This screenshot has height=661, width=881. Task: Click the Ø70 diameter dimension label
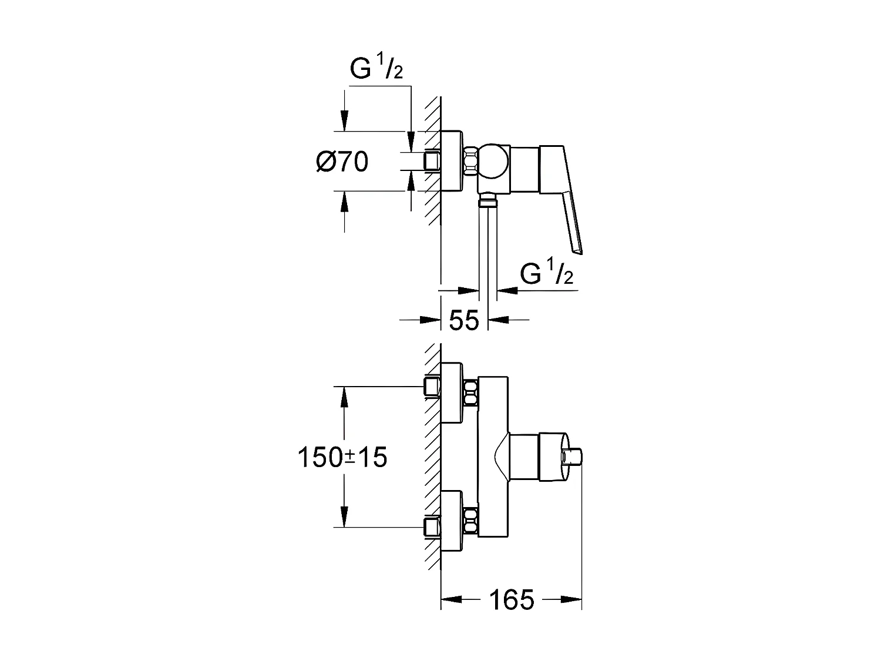pyautogui.click(x=342, y=162)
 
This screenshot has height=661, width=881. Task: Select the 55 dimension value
pyautogui.click(x=464, y=320)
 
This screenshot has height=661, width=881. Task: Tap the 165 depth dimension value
pyautogui.click(x=511, y=600)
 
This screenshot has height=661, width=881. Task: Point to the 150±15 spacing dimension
pyautogui.click(x=342, y=457)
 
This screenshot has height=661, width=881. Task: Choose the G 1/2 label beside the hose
pyautogui.click(x=546, y=274)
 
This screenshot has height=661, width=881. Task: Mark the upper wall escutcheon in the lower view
pyautogui.click(x=452, y=392)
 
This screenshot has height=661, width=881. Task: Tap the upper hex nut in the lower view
pyautogui.click(x=470, y=392)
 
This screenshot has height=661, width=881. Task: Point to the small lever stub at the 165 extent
pyautogui.click(x=573, y=457)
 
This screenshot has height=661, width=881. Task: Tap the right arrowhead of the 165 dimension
pyautogui.click(x=572, y=600)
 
